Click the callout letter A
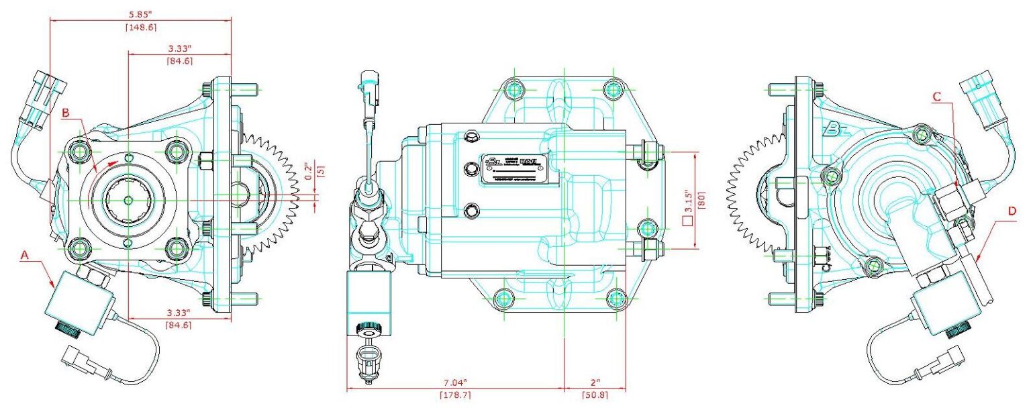(25, 255)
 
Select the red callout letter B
(66, 113)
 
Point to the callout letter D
(1012, 211)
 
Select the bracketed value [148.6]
(140, 27)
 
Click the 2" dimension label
(594, 382)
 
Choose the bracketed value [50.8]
(594, 395)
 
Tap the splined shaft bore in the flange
(128, 199)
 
